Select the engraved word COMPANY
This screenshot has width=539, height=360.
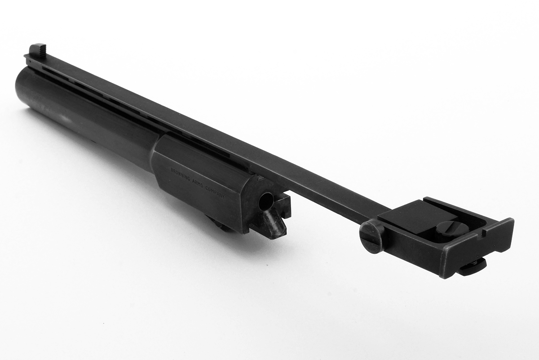coord(215,193)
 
